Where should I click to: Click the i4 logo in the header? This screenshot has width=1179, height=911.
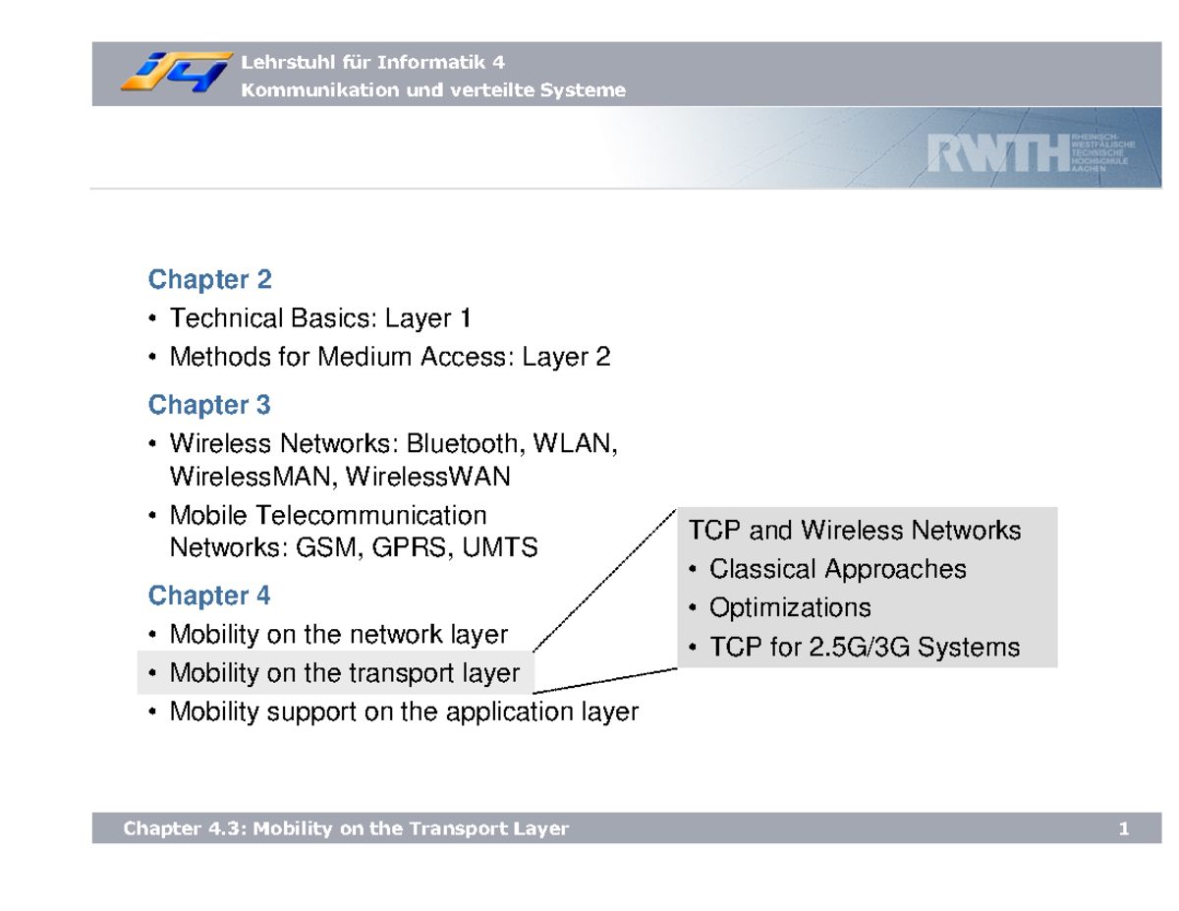pyautogui.click(x=177, y=74)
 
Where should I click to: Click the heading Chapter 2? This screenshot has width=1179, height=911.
pyautogui.click(x=209, y=280)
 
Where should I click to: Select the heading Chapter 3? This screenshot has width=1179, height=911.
pyautogui.click(x=209, y=405)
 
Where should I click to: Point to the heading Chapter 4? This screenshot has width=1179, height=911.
pyautogui.click(x=209, y=596)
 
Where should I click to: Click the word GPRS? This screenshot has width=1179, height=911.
pyautogui.click(x=412, y=548)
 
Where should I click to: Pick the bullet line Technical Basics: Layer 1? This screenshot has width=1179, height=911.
pyautogui.click(x=320, y=318)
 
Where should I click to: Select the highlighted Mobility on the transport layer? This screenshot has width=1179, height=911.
pyautogui.click(x=344, y=673)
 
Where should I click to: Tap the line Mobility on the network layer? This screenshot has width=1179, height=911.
pyautogui.click(x=339, y=635)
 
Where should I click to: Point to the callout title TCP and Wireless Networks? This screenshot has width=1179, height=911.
pyautogui.click(x=855, y=532)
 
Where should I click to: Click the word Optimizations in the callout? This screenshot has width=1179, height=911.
pyautogui.click(x=789, y=607)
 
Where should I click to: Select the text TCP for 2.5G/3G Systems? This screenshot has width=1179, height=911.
pyautogui.click(x=864, y=648)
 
